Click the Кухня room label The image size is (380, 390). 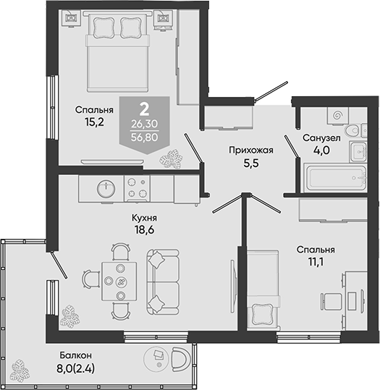[144, 218]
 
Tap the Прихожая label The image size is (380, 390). [251, 151]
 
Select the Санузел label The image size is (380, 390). [321, 138]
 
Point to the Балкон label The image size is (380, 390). [76, 355]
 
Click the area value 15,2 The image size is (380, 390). [94, 122]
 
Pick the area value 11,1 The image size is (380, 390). [316, 262]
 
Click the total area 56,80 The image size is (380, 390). [145, 137]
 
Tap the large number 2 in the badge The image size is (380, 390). [144, 109]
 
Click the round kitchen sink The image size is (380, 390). [106, 188]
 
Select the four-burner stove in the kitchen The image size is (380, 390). [137, 188]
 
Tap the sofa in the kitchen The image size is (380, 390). [163, 282]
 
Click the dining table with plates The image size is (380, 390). [119, 281]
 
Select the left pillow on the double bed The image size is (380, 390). [104, 27]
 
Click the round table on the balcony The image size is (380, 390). [158, 359]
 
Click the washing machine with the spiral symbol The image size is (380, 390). [338, 116]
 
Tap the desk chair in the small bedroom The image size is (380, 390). [332, 301]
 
